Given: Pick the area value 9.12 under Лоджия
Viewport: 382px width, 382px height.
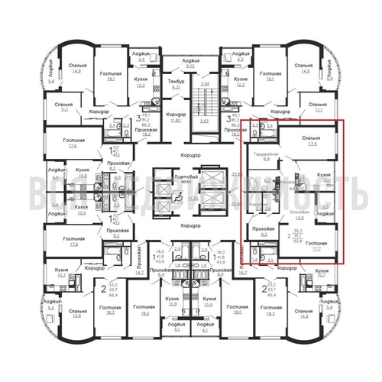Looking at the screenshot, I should [x=190, y=66].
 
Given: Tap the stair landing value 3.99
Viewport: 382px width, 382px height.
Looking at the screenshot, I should [x=204, y=83].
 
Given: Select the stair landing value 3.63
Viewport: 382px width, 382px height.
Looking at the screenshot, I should [x=204, y=121].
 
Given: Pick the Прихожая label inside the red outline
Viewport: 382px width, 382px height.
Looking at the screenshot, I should [x=263, y=228].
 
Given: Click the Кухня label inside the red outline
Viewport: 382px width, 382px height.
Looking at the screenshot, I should [x=322, y=175].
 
